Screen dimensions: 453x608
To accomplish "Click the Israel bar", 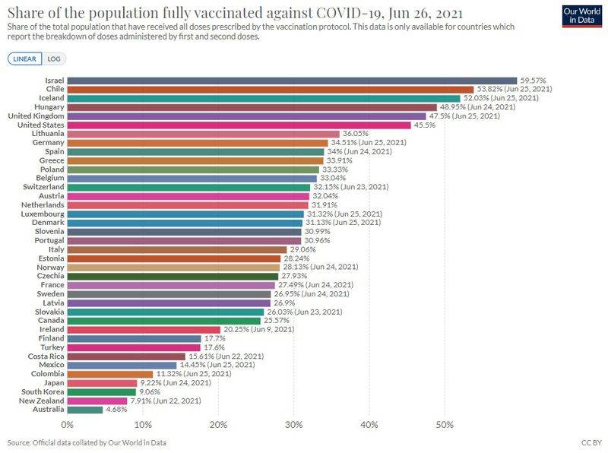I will coord(292,80).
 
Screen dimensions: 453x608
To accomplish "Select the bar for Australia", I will coord(85,410).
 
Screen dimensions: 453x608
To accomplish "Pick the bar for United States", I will coord(239,125).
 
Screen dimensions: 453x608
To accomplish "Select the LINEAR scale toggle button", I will coord(25,59).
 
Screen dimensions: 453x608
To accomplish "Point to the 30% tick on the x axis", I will coord(293,423).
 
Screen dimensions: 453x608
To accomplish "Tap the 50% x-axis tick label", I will coord(445,423).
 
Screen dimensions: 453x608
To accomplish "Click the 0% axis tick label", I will coord(68,423).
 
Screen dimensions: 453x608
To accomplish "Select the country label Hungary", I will coord(48,107).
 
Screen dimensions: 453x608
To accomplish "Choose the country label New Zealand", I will coord(42,401).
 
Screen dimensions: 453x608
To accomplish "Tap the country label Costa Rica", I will coord(46,356).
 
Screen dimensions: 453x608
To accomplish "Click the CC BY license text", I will coord(590,442).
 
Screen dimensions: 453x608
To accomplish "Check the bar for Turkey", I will coord(134,347).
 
